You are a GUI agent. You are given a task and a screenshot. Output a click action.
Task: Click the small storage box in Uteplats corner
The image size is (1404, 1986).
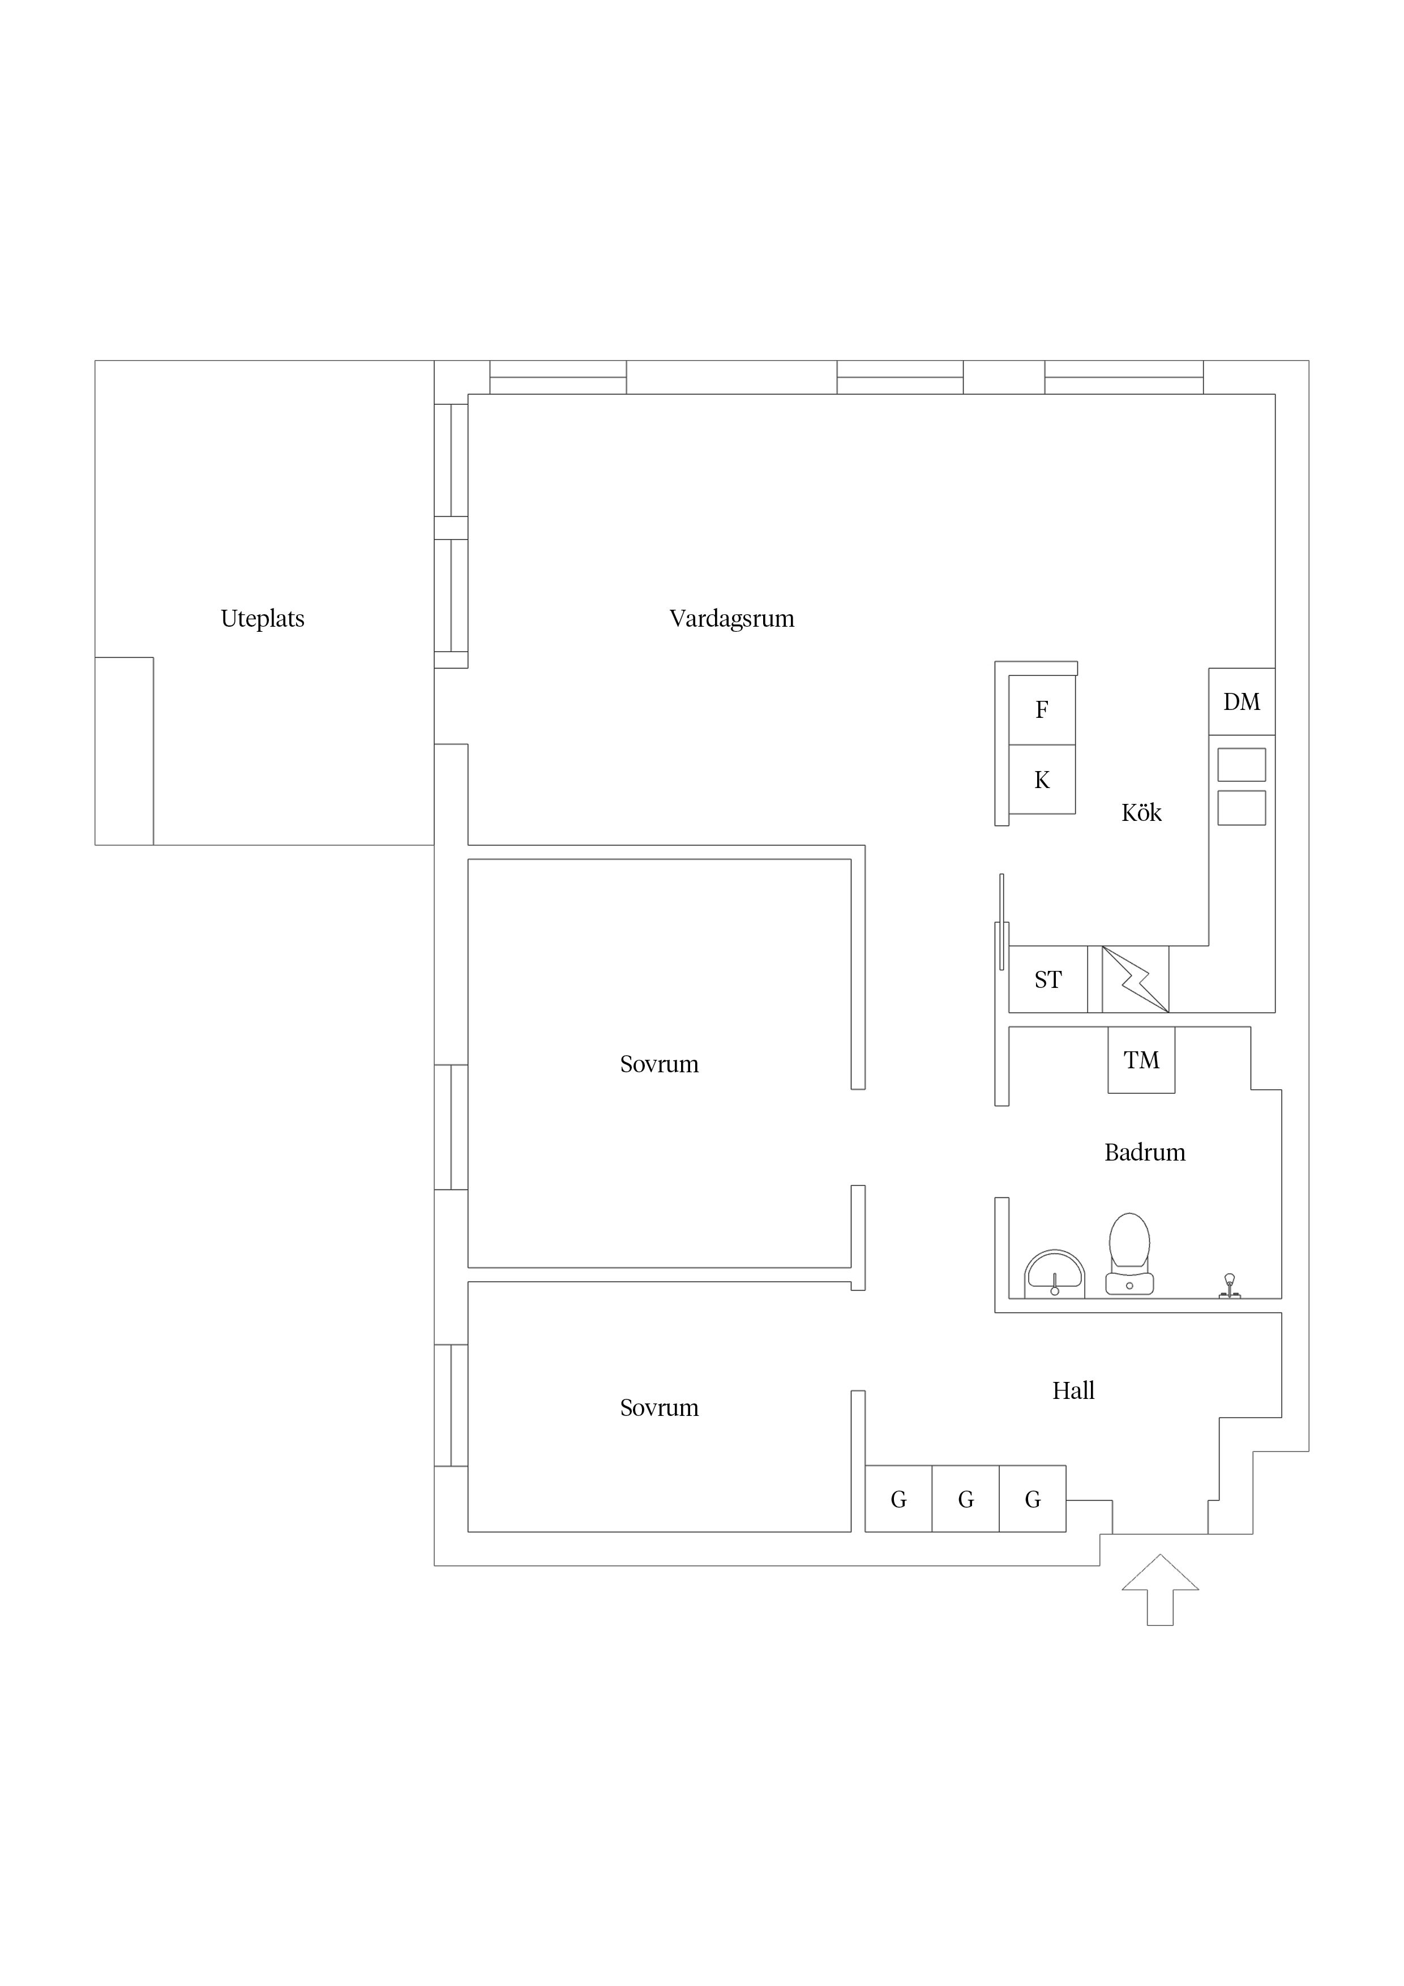tap(124, 751)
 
